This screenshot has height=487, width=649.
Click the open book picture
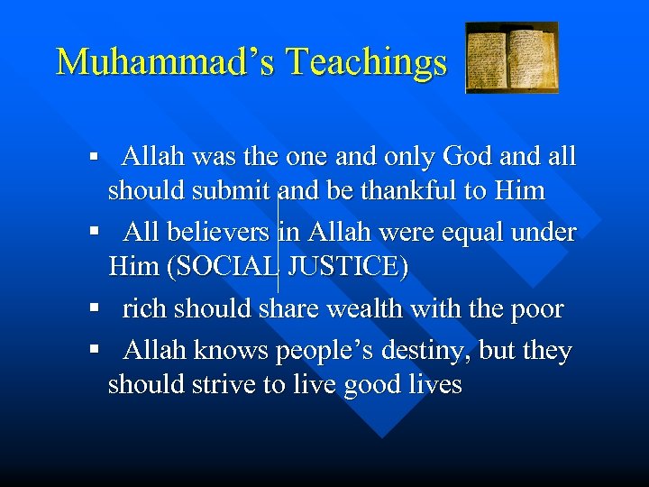(511, 59)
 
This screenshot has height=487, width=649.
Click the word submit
(237, 190)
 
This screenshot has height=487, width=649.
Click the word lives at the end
(434, 384)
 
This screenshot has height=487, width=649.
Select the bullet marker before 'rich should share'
(94, 309)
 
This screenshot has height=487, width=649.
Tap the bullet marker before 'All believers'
(94, 233)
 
